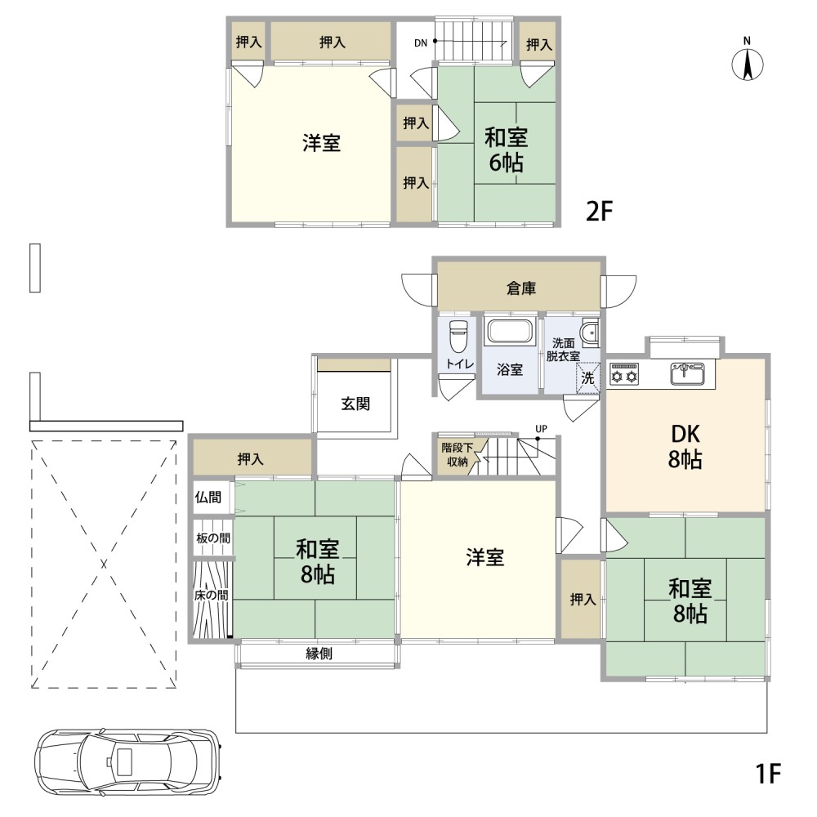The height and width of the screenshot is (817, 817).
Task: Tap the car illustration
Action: [127, 761]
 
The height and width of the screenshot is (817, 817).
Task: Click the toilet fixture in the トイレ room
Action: [458, 336]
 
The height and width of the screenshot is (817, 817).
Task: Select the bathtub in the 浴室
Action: [510, 333]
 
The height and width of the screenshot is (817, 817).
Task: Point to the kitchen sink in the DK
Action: [688, 373]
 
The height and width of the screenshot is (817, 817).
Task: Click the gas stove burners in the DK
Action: [624, 374]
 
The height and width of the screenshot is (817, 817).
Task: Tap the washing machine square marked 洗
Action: [587, 377]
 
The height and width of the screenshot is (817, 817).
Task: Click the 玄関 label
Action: [355, 404]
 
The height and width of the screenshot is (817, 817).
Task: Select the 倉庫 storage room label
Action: [521, 288]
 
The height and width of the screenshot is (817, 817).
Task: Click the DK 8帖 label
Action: [685, 447]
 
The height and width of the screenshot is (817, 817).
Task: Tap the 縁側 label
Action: [319, 654]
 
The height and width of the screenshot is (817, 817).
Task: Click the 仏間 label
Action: [208, 497]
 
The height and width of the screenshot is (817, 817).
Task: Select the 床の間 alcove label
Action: [211, 595]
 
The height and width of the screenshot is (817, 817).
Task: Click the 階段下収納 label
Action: [457, 454]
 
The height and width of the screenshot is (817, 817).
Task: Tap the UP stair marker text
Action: [542, 429]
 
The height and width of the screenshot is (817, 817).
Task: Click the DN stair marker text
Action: [421, 43]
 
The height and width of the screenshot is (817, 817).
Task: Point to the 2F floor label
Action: [599, 211]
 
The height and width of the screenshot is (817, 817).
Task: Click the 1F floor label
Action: [768, 773]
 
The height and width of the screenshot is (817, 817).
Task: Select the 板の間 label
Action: [213, 538]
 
